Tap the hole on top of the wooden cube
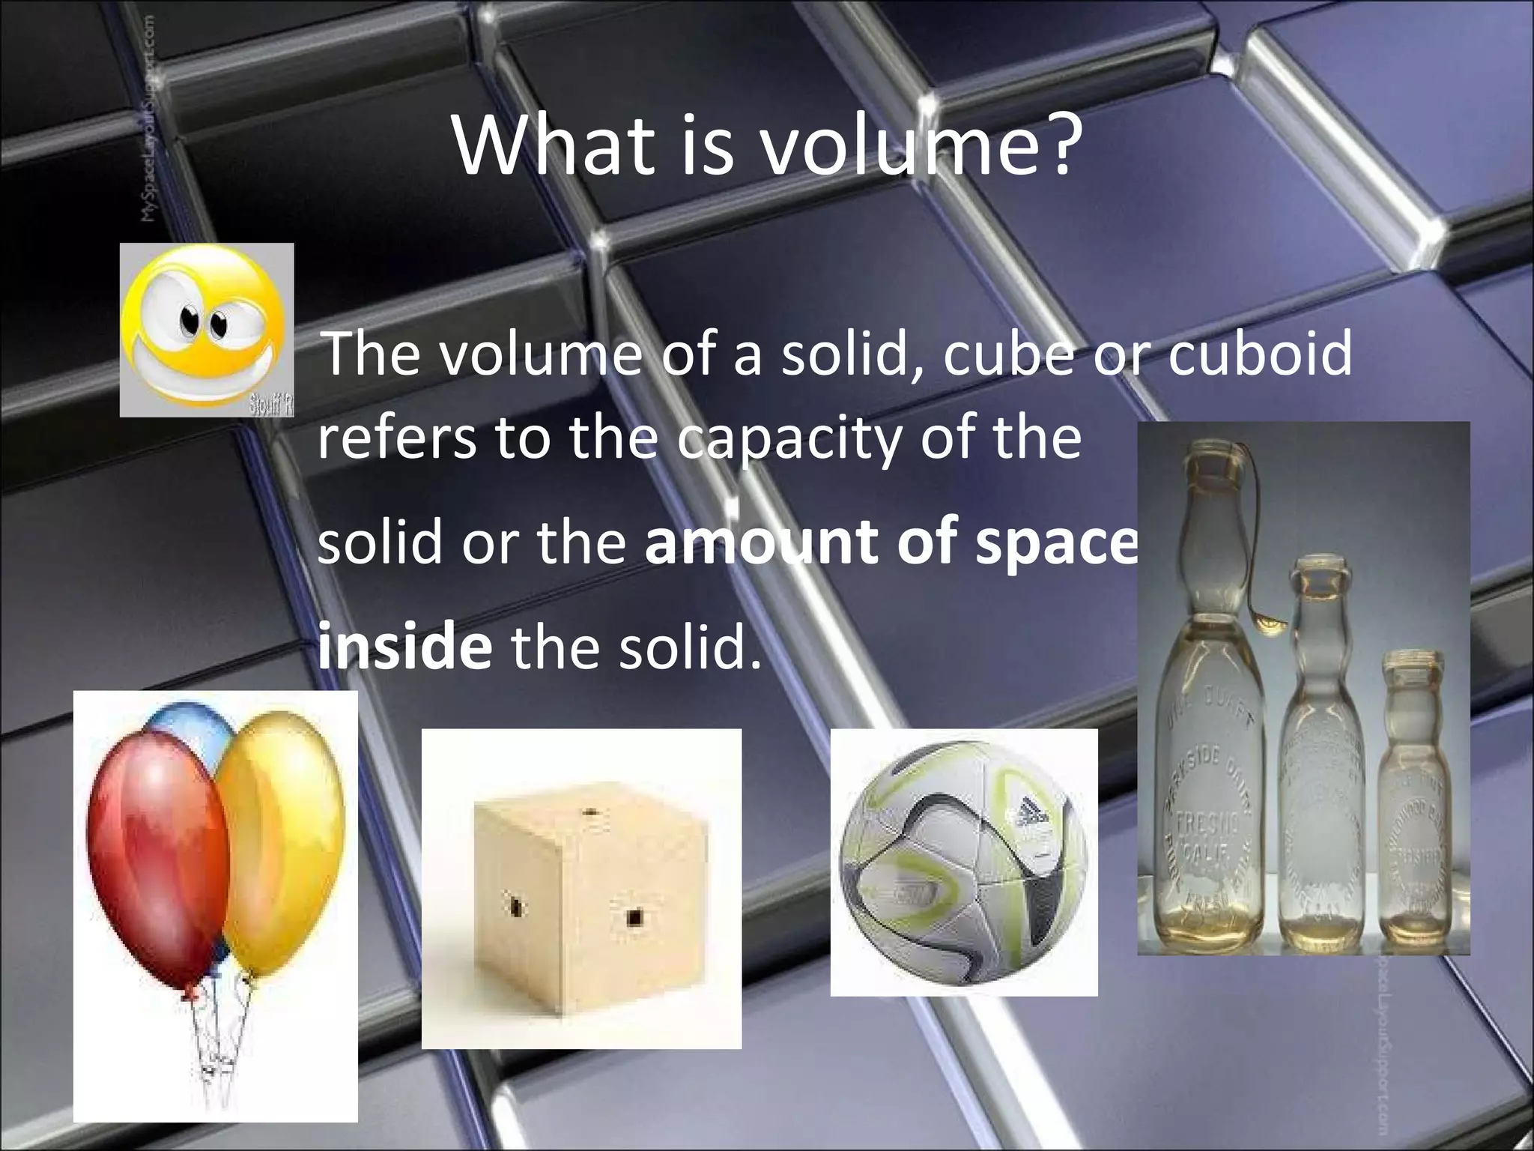pos(589,812)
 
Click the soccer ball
pos(963,862)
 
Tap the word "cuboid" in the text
pos(1260,354)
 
